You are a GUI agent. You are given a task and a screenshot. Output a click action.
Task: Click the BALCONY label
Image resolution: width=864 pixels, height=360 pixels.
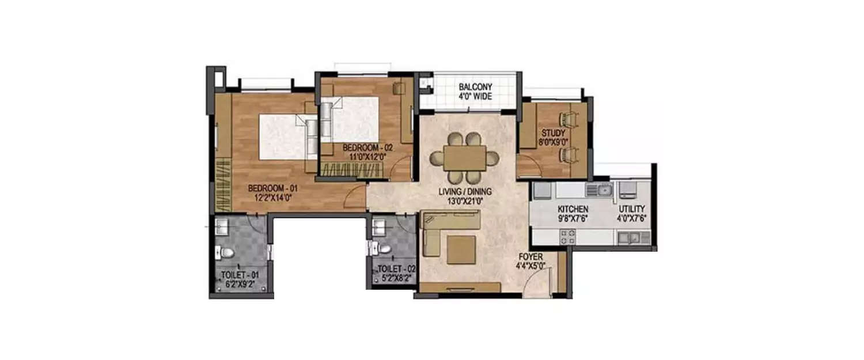(475, 88)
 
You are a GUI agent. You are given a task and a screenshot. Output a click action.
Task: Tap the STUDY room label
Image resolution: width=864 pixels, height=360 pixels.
(553, 132)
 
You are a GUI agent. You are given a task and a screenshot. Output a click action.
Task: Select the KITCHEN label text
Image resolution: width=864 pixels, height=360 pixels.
(572, 209)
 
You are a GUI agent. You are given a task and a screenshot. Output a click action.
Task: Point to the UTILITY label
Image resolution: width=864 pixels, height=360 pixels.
(632, 209)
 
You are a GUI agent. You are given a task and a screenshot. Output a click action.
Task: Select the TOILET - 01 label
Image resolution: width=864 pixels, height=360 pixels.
(240, 275)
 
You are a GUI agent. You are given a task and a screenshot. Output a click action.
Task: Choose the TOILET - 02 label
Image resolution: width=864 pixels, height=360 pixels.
(396, 268)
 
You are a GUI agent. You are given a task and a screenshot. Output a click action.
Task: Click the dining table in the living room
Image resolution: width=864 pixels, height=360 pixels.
(465, 157)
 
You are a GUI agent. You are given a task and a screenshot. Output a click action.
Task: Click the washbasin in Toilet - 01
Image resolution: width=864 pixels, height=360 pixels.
(222, 225)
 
